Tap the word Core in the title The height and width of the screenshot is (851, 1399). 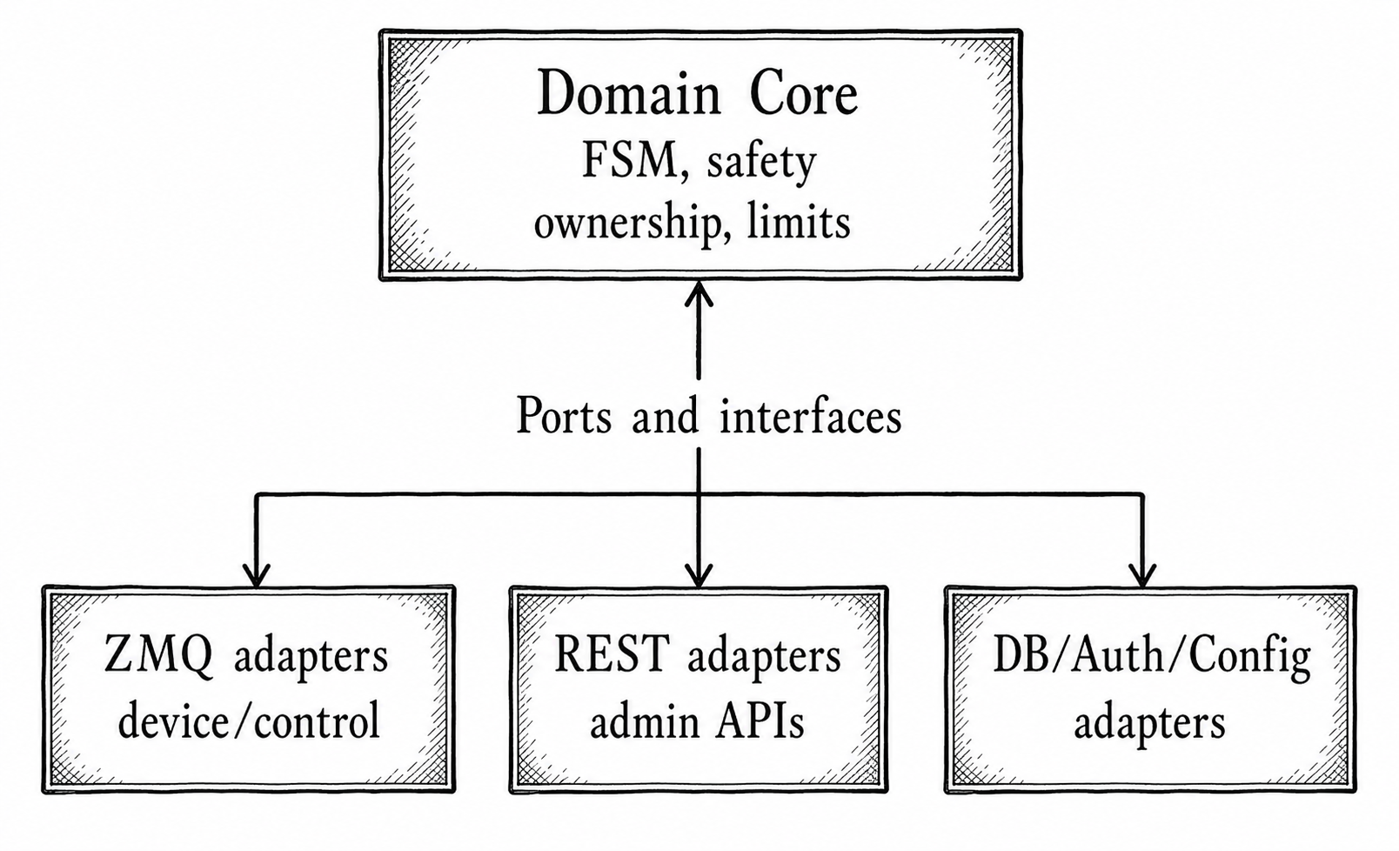click(x=803, y=93)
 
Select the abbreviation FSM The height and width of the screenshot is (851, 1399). click(x=629, y=161)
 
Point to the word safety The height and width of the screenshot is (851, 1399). click(x=760, y=163)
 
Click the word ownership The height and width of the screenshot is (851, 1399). click(x=619, y=223)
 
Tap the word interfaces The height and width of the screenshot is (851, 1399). click(x=810, y=416)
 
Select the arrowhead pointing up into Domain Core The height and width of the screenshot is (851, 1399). click(x=699, y=295)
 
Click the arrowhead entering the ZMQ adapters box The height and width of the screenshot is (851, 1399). click(x=256, y=574)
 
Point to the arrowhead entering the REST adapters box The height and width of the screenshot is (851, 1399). click(x=699, y=574)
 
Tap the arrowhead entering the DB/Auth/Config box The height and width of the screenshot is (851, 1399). click(x=1142, y=574)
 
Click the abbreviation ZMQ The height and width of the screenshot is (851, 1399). click(x=157, y=654)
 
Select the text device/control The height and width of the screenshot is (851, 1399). click(x=249, y=721)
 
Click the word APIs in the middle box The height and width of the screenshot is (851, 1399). click(x=760, y=721)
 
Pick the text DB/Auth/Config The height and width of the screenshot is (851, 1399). click(x=1151, y=656)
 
